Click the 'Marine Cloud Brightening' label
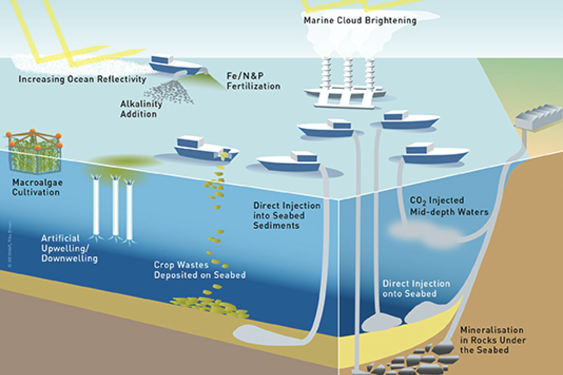click(x=360, y=21)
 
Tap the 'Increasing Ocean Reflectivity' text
click(x=82, y=79)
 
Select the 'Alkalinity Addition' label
click(x=141, y=109)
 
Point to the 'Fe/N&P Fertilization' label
click(x=253, y=81)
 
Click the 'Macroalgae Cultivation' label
click(x=37, y=187)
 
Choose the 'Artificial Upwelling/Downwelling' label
click(x=69, y=248)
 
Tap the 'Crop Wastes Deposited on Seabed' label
click(x=199, y=270)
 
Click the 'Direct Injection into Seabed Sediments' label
click(x=286, y=216)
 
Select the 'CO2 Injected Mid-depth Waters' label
click(x=449, y=206)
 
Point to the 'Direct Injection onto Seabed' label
click(x=416, y=289)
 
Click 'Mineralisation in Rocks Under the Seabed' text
click(x=492, y=340)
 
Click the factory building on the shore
click(x=538, y=116)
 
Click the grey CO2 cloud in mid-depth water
click(x=425, y=234)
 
